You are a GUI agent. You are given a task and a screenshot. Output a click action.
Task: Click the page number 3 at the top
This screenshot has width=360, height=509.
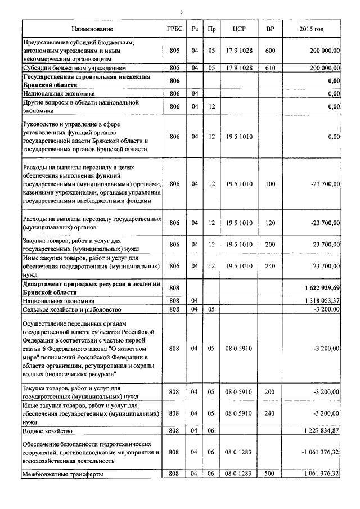pos(182,12)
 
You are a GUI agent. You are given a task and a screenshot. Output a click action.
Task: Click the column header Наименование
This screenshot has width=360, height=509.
pos(92,29)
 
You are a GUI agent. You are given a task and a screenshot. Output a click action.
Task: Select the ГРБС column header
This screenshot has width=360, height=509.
pos(174,29)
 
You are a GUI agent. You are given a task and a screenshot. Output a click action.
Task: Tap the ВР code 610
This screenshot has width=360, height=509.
pos(270,68)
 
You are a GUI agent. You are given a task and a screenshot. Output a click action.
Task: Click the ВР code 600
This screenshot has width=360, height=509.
pos(270,51)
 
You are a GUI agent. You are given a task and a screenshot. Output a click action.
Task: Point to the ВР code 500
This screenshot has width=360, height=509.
pos(270,474)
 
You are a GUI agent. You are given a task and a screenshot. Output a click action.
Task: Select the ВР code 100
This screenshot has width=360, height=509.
pos(270,183)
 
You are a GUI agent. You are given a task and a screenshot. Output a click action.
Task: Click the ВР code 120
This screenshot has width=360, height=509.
pos(270,223)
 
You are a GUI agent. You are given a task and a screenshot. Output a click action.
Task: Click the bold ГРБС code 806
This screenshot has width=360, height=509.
pos(174,81)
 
